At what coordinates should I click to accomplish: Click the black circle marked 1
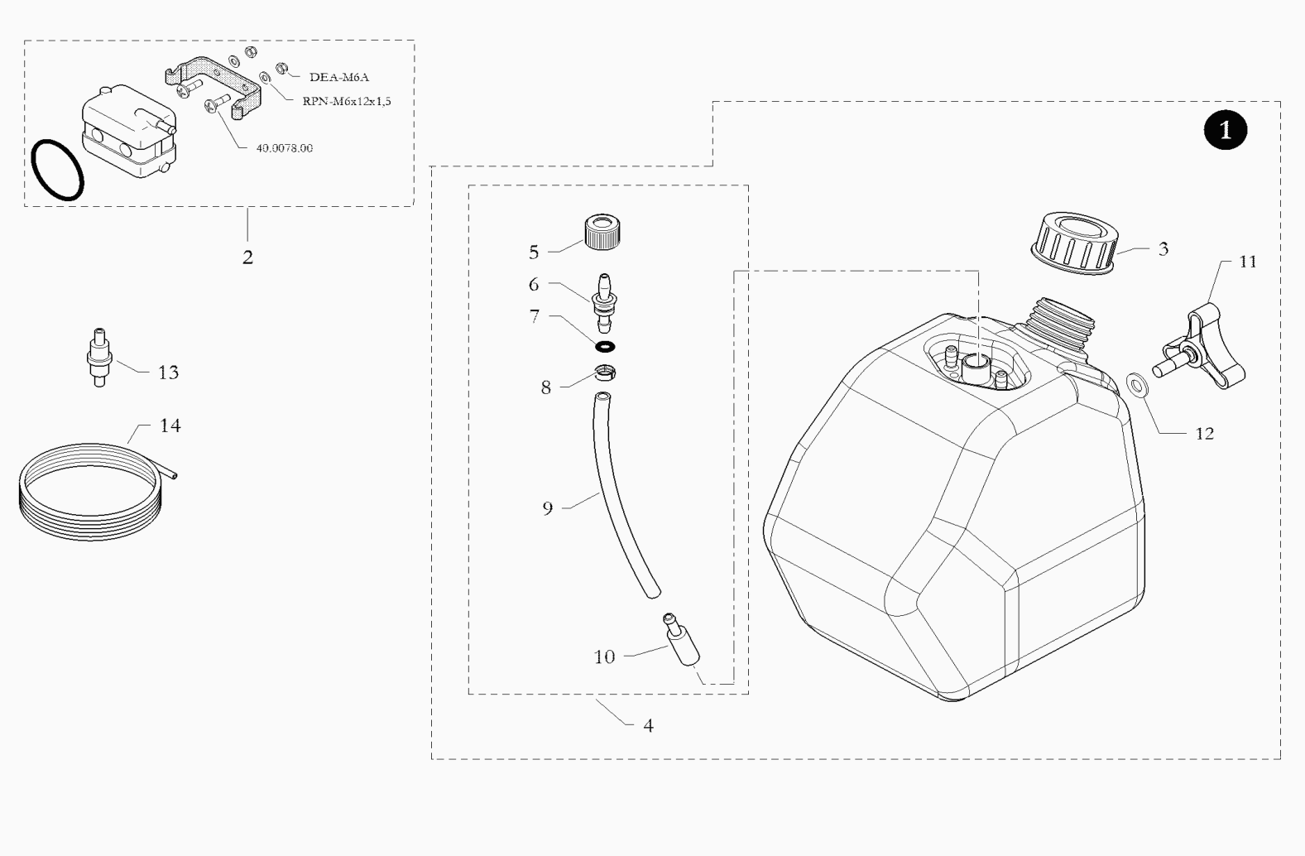click(x=1226, y=129)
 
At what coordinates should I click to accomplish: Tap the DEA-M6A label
click(x=339, y=77)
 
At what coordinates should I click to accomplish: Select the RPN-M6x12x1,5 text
click(x=347, y=101)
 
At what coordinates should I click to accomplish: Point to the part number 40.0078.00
click(x=285, y=148)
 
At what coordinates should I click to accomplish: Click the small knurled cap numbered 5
click(x=602, y=232)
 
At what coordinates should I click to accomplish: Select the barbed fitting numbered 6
click(x=603, y=302)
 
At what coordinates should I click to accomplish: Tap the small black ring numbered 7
click(x=605, y=348)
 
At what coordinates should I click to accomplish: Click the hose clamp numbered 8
click(x=605, y=373)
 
